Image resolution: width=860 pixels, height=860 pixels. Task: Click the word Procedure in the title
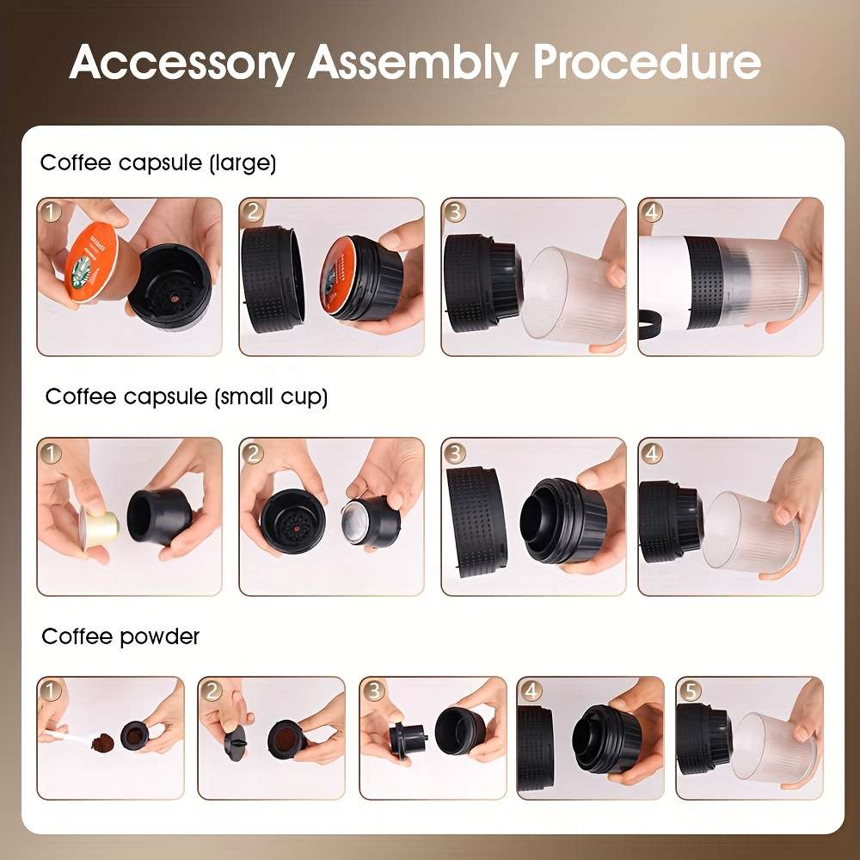pos(646,62)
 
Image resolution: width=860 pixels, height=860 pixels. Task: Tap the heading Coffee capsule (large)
pos(158,163)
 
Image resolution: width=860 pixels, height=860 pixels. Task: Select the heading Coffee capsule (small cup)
pos(187,396)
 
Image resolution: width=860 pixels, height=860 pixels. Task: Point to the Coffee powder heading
pos(120,636)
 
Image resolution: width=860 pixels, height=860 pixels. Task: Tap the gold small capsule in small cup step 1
pos(96,522)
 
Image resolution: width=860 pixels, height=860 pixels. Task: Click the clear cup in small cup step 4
pos(748,529)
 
